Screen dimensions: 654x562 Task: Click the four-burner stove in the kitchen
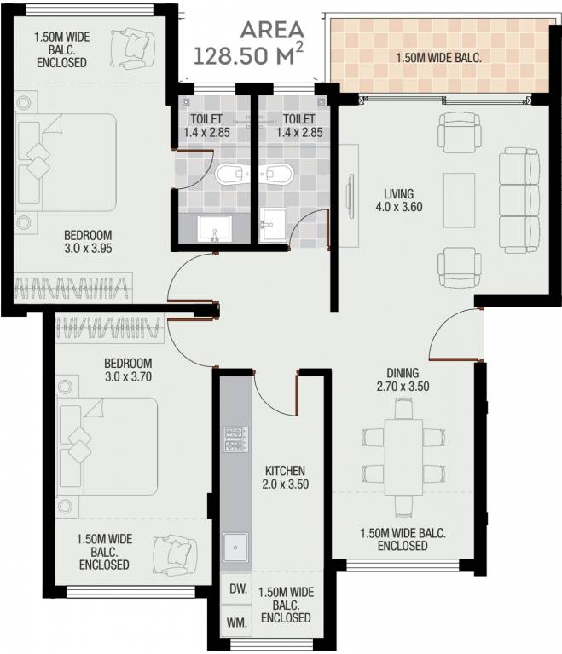pos(234,439)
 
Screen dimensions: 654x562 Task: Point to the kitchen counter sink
pos(235,548)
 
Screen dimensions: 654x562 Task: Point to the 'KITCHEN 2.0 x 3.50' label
pos(284,477)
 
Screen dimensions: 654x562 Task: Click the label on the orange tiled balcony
pos(438,59)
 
